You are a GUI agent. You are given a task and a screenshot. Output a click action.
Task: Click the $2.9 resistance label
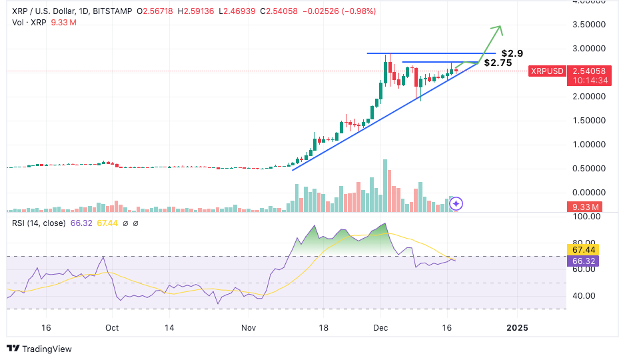tap(513, 53)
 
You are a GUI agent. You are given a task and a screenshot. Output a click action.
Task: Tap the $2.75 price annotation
tap(498, 63)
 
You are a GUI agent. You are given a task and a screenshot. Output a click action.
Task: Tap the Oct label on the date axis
tap(111, 328)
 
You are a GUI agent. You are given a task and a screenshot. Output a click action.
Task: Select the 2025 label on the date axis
tap(516, 328)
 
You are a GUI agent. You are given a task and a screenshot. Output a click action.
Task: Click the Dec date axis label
tap(381, 328)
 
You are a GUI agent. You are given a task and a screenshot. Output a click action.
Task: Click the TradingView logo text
tap(46, 349)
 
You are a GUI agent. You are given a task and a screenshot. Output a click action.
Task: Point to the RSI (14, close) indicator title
tap(39, 223)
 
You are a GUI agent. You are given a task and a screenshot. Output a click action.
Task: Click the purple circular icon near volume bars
tap(457, 204)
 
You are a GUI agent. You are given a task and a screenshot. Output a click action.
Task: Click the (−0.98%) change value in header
tap(358, 11)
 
